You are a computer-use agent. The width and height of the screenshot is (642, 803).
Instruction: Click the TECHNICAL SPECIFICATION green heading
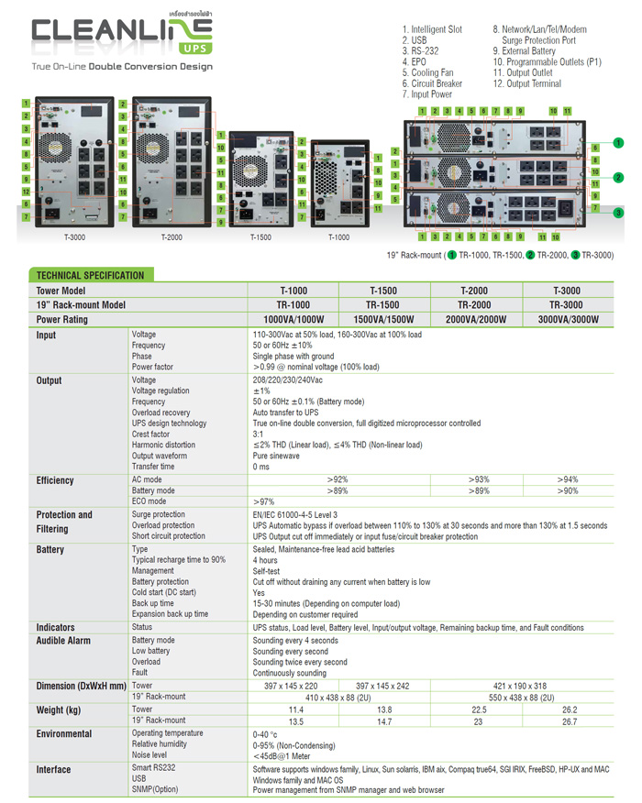click(89, 275)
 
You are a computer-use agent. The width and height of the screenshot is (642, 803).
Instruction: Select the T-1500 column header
click(385, 291)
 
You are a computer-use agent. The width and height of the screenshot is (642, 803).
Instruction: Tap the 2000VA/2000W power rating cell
click(477, 319)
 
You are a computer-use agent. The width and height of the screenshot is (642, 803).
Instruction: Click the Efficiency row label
click(55, 480)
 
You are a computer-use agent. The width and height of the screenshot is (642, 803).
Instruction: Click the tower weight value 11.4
click(295, 709)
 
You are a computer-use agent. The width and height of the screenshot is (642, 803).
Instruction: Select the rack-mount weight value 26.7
click(569, 721)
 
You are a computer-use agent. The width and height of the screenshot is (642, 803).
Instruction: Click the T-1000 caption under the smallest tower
click(338, 236)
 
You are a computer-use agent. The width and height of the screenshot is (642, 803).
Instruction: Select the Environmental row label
click(64, 734)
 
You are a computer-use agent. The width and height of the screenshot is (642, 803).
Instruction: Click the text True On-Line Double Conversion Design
click(122, 67)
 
